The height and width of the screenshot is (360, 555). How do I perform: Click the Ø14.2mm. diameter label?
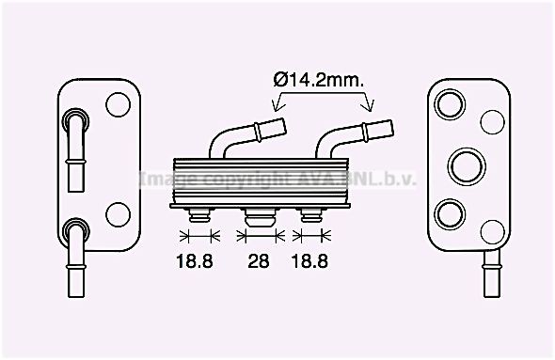[319, 82]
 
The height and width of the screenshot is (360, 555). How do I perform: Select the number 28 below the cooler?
[259, 262]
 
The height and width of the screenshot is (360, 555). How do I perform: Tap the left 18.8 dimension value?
[195, 262]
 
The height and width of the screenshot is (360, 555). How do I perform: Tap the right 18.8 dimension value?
[309, 262]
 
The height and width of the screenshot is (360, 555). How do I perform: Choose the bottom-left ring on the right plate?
[451, 211]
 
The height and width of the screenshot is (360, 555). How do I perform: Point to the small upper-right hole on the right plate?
[492, 121]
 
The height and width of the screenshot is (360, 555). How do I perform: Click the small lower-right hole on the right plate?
[492, 230]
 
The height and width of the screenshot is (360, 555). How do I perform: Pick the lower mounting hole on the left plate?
[119, 213]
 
